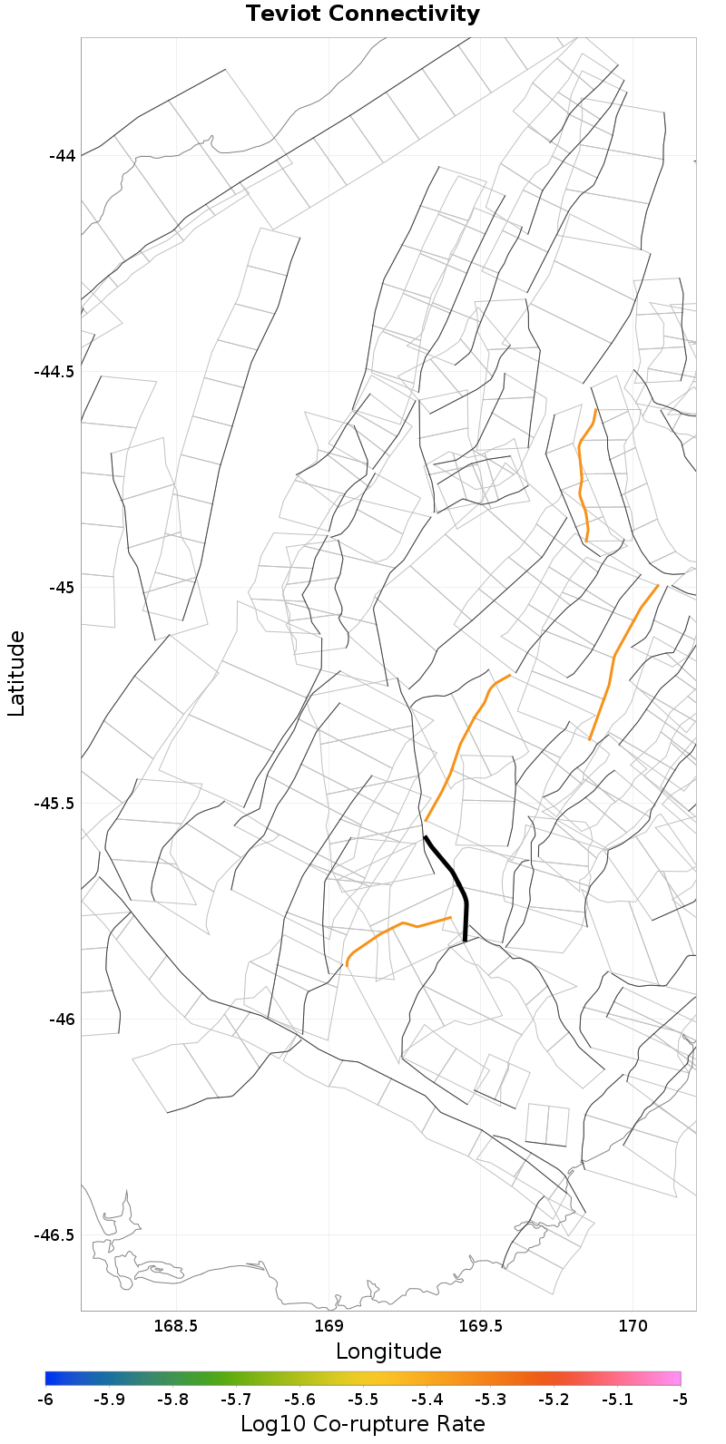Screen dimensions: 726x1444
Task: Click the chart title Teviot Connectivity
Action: [x=362, y=15]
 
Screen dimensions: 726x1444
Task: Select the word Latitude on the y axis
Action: [x=16, y=674]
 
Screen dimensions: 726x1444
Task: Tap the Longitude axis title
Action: [x=388, y=1351]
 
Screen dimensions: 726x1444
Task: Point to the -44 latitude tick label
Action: [x=62, y=155]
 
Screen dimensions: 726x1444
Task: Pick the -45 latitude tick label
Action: [x=62, y=587]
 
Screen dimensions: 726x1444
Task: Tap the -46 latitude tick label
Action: [x=62, y=1019]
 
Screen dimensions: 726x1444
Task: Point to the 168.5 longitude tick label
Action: [x=175, y=1327]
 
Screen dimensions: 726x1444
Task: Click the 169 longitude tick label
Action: [x=328, y=1327]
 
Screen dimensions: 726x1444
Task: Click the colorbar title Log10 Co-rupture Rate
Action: [x=362, y=1424]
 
